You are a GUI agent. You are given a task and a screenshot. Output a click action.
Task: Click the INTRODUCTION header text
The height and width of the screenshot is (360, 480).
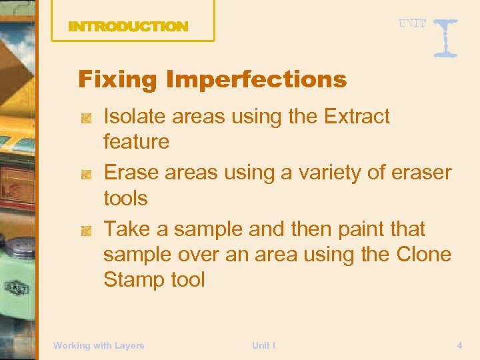pyautogui.click(x=128, y=27)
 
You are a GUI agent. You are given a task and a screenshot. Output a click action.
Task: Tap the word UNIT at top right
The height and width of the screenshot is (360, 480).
pyautogui.click(x=413, y=23)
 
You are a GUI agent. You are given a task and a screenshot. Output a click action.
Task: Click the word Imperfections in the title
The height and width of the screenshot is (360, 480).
pyautogui.click(x=256, y=80)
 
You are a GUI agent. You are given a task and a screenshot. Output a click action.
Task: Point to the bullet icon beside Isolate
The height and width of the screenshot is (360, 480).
pyautogui.click(x=86, y=118)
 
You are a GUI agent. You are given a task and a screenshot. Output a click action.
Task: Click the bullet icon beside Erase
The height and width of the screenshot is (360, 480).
pyautogui.click(x=86, y=174)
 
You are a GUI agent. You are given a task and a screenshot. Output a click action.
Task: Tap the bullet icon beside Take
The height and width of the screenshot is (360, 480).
pyautogui.click(x=86, y=231)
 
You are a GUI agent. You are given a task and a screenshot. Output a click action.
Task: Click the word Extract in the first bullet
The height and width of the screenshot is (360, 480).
pyautogui.click(x=357, y=117)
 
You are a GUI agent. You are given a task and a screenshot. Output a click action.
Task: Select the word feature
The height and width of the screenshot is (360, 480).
pyautogui.click(x=136, y=141)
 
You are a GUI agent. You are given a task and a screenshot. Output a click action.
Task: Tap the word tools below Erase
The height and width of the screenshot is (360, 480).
pyautogui.click(x=125, y=198)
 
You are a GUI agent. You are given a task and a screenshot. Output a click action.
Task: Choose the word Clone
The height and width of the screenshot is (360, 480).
pyautogui.click(x=423, y=255)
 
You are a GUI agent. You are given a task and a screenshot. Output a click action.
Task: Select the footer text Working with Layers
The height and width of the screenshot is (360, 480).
pyautogui.click(x=99, y=345)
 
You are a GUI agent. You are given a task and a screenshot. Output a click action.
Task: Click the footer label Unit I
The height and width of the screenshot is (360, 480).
pyautogui.click(x=263, y=345)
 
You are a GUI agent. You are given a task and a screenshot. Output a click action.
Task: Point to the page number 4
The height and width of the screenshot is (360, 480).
pyautogui.click(x=459, y=345)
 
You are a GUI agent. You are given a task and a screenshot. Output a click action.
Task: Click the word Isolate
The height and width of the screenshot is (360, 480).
pyautogui.click(x=134, y=117)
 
